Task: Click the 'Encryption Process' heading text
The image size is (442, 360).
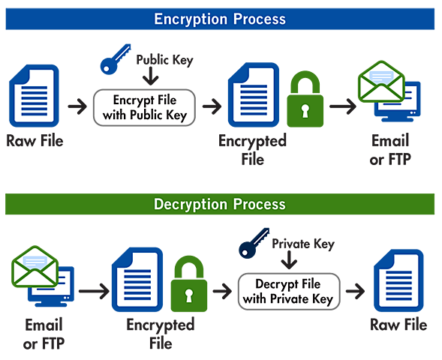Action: click(220, 18)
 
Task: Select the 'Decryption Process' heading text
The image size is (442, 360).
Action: click(219, 204)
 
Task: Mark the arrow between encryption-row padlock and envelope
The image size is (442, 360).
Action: click(342, 106)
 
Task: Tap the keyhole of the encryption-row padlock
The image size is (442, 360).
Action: click(305, 110)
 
